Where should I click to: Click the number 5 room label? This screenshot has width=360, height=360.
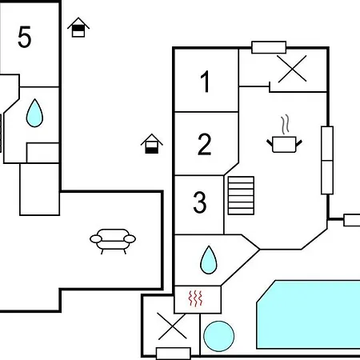(25, 37)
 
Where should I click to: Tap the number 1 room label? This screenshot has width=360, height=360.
(206, 82)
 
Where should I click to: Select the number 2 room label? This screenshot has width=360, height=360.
(205, 144)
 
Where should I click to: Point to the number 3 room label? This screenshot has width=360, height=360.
(200, 202)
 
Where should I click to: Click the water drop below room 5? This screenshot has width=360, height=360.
(34, 113)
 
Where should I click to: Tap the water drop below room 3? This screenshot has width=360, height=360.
(209, 260)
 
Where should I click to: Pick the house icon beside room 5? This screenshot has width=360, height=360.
(78, 27)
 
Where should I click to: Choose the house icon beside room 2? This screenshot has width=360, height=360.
(152, 144)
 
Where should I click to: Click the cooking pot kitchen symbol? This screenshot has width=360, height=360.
(284, 144)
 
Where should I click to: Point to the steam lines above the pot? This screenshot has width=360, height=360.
(286, 125)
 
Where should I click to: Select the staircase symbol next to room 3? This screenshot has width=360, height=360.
(241, 195)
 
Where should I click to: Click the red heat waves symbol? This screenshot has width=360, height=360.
(195, 298)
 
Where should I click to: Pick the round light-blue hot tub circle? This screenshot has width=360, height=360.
(219, 336)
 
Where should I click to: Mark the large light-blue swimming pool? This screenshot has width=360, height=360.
(308, 314)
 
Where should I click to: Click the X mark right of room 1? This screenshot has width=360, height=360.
(292, 69)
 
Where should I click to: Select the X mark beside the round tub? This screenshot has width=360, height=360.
(172, 326)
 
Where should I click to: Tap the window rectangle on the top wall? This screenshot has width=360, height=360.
(269, 47)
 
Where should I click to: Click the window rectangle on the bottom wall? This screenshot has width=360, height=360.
(174, 354)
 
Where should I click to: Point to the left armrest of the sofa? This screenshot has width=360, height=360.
(96, 239)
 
